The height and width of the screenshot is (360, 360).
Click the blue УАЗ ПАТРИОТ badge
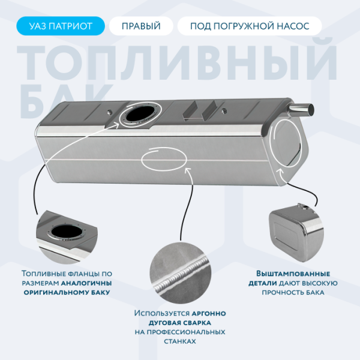(61, 26)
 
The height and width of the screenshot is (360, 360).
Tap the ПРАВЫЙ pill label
(141, 26)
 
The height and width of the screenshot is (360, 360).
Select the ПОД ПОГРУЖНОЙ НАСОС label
(250, 26)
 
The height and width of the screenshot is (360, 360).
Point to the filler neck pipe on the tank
(301, 109)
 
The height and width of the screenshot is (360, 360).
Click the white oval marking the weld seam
(164, 170)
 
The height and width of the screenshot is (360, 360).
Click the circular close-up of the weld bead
(180, 273)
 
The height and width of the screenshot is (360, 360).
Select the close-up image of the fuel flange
(67, 236)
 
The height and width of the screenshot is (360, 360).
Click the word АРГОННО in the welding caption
(209, 313)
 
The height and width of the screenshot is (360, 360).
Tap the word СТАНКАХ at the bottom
(180, 341)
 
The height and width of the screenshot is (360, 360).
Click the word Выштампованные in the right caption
(293, 274)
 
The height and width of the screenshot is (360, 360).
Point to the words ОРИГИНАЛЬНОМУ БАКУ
(67, 293)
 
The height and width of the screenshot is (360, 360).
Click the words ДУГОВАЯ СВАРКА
(180, 323)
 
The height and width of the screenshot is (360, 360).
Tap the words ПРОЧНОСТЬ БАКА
(293, 293)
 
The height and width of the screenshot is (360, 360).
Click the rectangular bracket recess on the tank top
(199, 110)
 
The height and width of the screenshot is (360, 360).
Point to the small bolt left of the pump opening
(110, 112)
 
